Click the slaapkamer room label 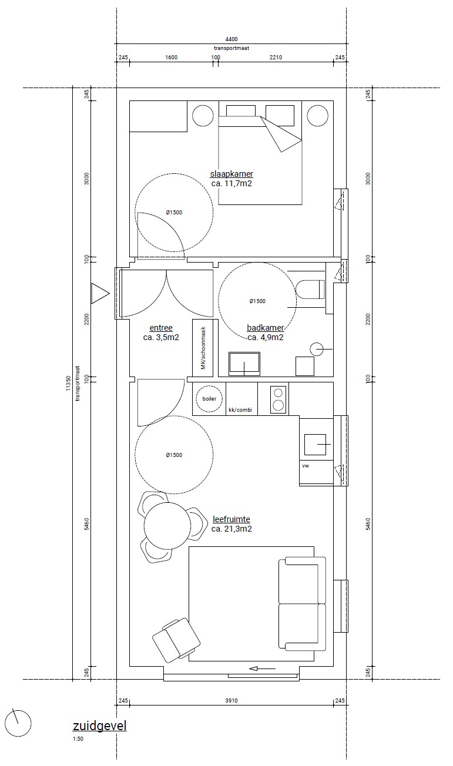[231, 174]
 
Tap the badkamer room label [266, 328]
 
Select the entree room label [161, 328]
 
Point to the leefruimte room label [231, 519]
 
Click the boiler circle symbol [209, 399]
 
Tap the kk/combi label [240, 409]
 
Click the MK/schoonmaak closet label [203, 348]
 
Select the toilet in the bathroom [310, 289]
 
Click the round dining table [167, 526]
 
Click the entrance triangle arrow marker [100, 293]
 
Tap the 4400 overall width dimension [231, 39]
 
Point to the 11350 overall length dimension [68, 384]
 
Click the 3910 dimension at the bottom [231, 701]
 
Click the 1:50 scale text [78, 738]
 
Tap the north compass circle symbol [18, 723]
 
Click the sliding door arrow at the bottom [263, 668]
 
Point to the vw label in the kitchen [306, 466]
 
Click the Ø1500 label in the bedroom [174, 213]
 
